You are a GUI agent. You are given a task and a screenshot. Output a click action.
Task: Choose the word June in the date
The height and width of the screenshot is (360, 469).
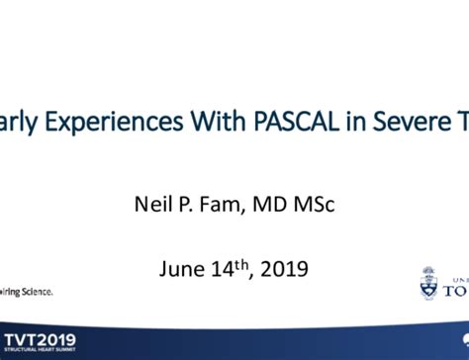coord(181,268)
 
